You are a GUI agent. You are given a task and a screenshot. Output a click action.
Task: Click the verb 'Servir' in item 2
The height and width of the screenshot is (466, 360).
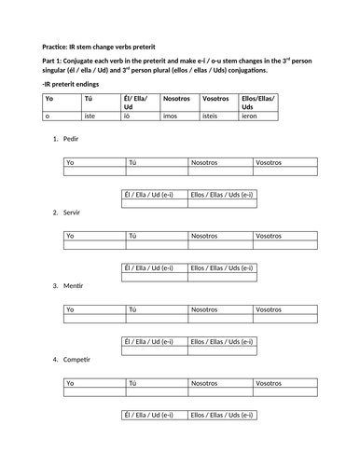pyautogui.click(x=72, y=212)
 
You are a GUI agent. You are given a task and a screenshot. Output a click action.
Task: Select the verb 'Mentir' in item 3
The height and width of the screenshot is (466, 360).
pyautogui.click(x=73, y=285)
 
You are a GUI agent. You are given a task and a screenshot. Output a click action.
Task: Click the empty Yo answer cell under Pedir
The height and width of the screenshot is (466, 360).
pyautogui.click(x=95, y=171)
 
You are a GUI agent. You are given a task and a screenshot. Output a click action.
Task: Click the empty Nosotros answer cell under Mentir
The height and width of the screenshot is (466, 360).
pyautogui.click(x=220, y=319)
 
